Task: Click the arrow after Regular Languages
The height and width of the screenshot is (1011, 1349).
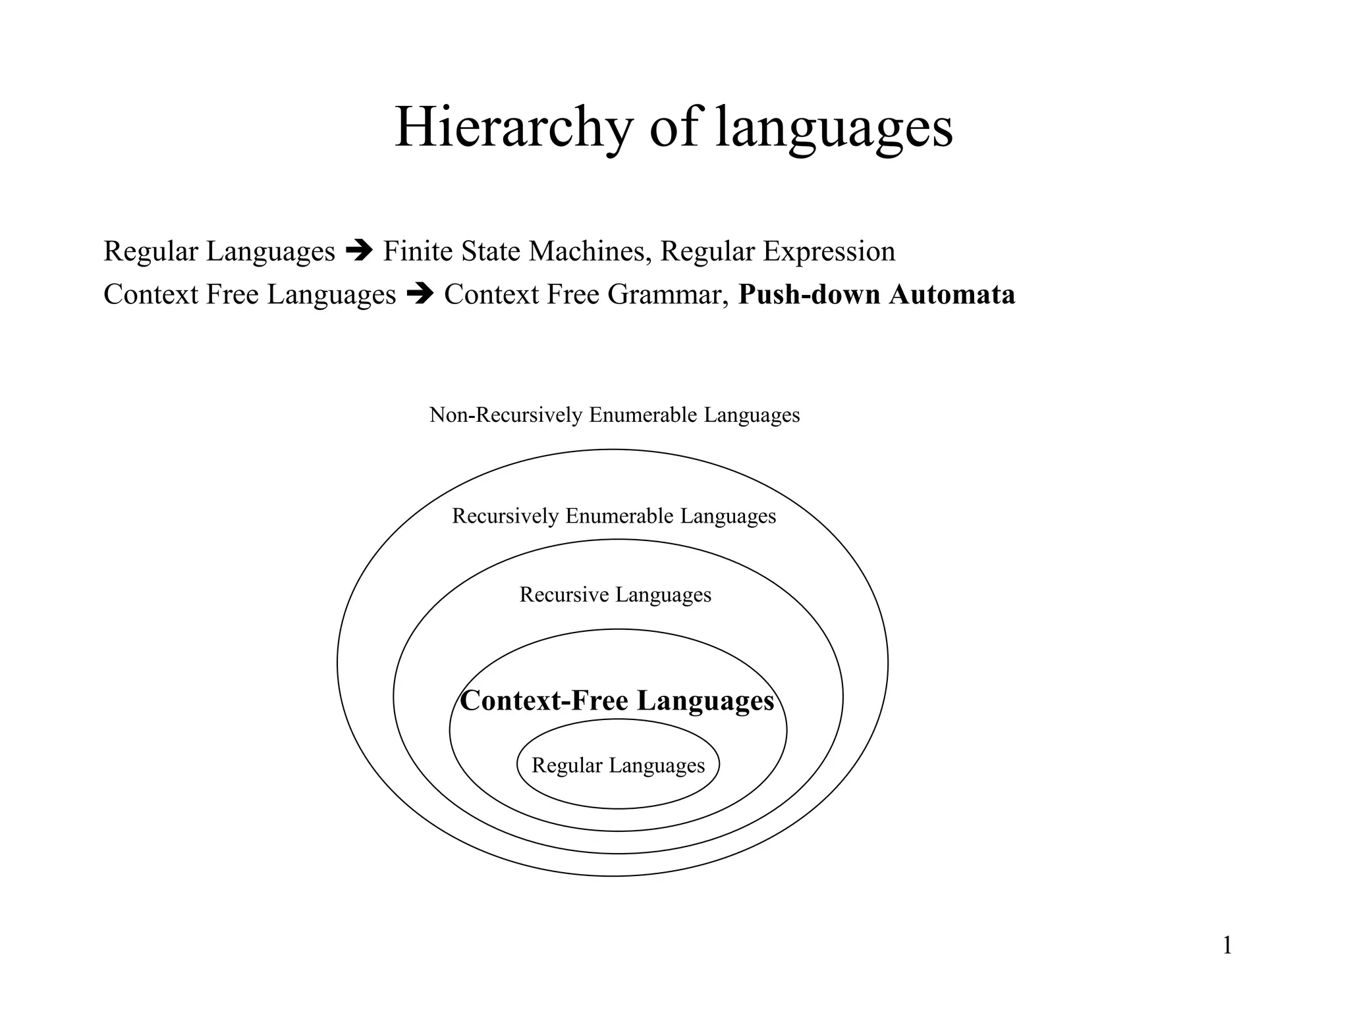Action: point(359,251)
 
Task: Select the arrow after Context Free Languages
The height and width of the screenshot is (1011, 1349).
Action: point(420,294)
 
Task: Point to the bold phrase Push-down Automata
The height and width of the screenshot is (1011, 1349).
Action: point(876,294)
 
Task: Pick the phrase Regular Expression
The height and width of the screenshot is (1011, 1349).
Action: point(777,251)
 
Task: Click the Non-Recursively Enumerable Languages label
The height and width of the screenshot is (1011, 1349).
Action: point(615,415)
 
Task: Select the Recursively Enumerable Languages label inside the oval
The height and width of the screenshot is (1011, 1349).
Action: point(614,516)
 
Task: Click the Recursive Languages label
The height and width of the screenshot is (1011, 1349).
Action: point(615,594)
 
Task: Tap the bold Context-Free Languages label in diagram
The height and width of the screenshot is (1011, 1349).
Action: point(617,700)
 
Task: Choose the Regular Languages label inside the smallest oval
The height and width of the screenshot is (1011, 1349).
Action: point(618,765)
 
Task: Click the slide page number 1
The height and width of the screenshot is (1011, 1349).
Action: point(1227,946)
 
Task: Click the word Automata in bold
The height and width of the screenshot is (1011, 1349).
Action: point(951,294)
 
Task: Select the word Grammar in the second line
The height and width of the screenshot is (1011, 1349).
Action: point(667,294)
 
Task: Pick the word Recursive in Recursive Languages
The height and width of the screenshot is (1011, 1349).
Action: point(564,594)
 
